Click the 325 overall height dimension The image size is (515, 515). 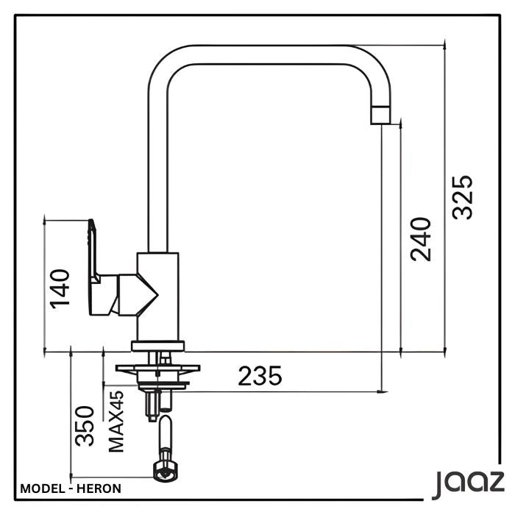(462, 196)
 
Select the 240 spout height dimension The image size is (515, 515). (422, 238)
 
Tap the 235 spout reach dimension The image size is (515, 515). (260, 376)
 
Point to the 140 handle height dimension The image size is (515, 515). (60, 288)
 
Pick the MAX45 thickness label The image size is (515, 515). (116, 421)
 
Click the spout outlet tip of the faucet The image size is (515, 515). (380, 115)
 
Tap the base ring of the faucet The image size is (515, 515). (159, 346)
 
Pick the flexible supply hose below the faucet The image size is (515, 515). (165, 438)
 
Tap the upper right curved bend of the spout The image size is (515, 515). (368, 63)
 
